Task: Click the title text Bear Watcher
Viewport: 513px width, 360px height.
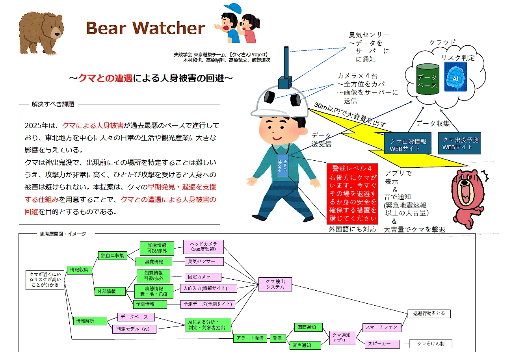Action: tap(145, 28)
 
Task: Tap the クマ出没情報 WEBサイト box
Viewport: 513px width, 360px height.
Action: tap(408, 145)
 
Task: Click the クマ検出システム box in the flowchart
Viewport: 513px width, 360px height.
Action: tap(275, 284)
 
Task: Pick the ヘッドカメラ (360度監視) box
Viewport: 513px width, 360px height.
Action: tap(204, 247)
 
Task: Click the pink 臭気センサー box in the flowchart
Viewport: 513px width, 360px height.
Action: tap(204, 262)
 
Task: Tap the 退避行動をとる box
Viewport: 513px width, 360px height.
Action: tap(429, 314)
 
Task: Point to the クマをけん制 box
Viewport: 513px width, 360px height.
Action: tap(431, 343)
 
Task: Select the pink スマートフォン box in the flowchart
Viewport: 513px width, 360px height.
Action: tap(381, 327)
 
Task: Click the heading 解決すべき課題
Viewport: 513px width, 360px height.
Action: tap(53, 104)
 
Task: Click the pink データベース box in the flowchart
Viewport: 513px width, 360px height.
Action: tap(136, 317)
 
